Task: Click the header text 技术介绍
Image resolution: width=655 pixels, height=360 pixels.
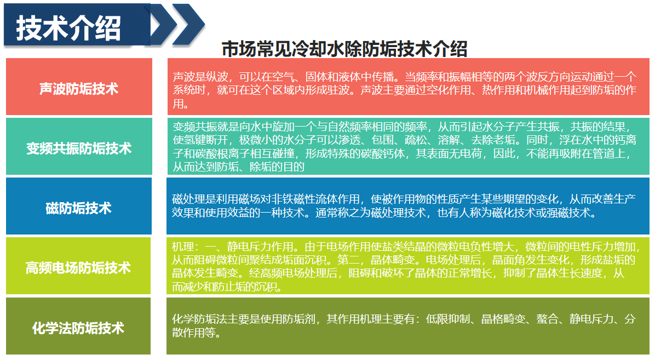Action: pos(68,28)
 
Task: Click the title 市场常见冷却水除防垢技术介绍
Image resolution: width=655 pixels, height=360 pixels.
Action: pos(344,49)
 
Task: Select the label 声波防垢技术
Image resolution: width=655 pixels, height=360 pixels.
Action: pos(79,89)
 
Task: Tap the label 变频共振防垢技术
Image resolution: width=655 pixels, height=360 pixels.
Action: pos(79,148)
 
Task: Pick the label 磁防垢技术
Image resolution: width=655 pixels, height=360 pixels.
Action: pos(78,208)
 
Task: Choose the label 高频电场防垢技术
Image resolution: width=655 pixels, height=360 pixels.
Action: pos(78,267)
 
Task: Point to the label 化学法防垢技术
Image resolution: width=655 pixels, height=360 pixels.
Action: pos(78,328)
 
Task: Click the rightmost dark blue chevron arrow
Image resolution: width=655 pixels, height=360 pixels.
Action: pos(188,24)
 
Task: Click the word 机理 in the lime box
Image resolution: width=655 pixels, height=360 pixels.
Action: pos(183,247)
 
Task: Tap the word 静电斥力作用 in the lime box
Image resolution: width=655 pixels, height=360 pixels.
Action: pos(260,247)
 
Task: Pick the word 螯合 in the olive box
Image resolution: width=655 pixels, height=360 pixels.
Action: pos(547,319)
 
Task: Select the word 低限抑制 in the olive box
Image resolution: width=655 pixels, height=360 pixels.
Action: pos(448,319)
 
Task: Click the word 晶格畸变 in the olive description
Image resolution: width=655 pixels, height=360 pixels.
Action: pos(503,319)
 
